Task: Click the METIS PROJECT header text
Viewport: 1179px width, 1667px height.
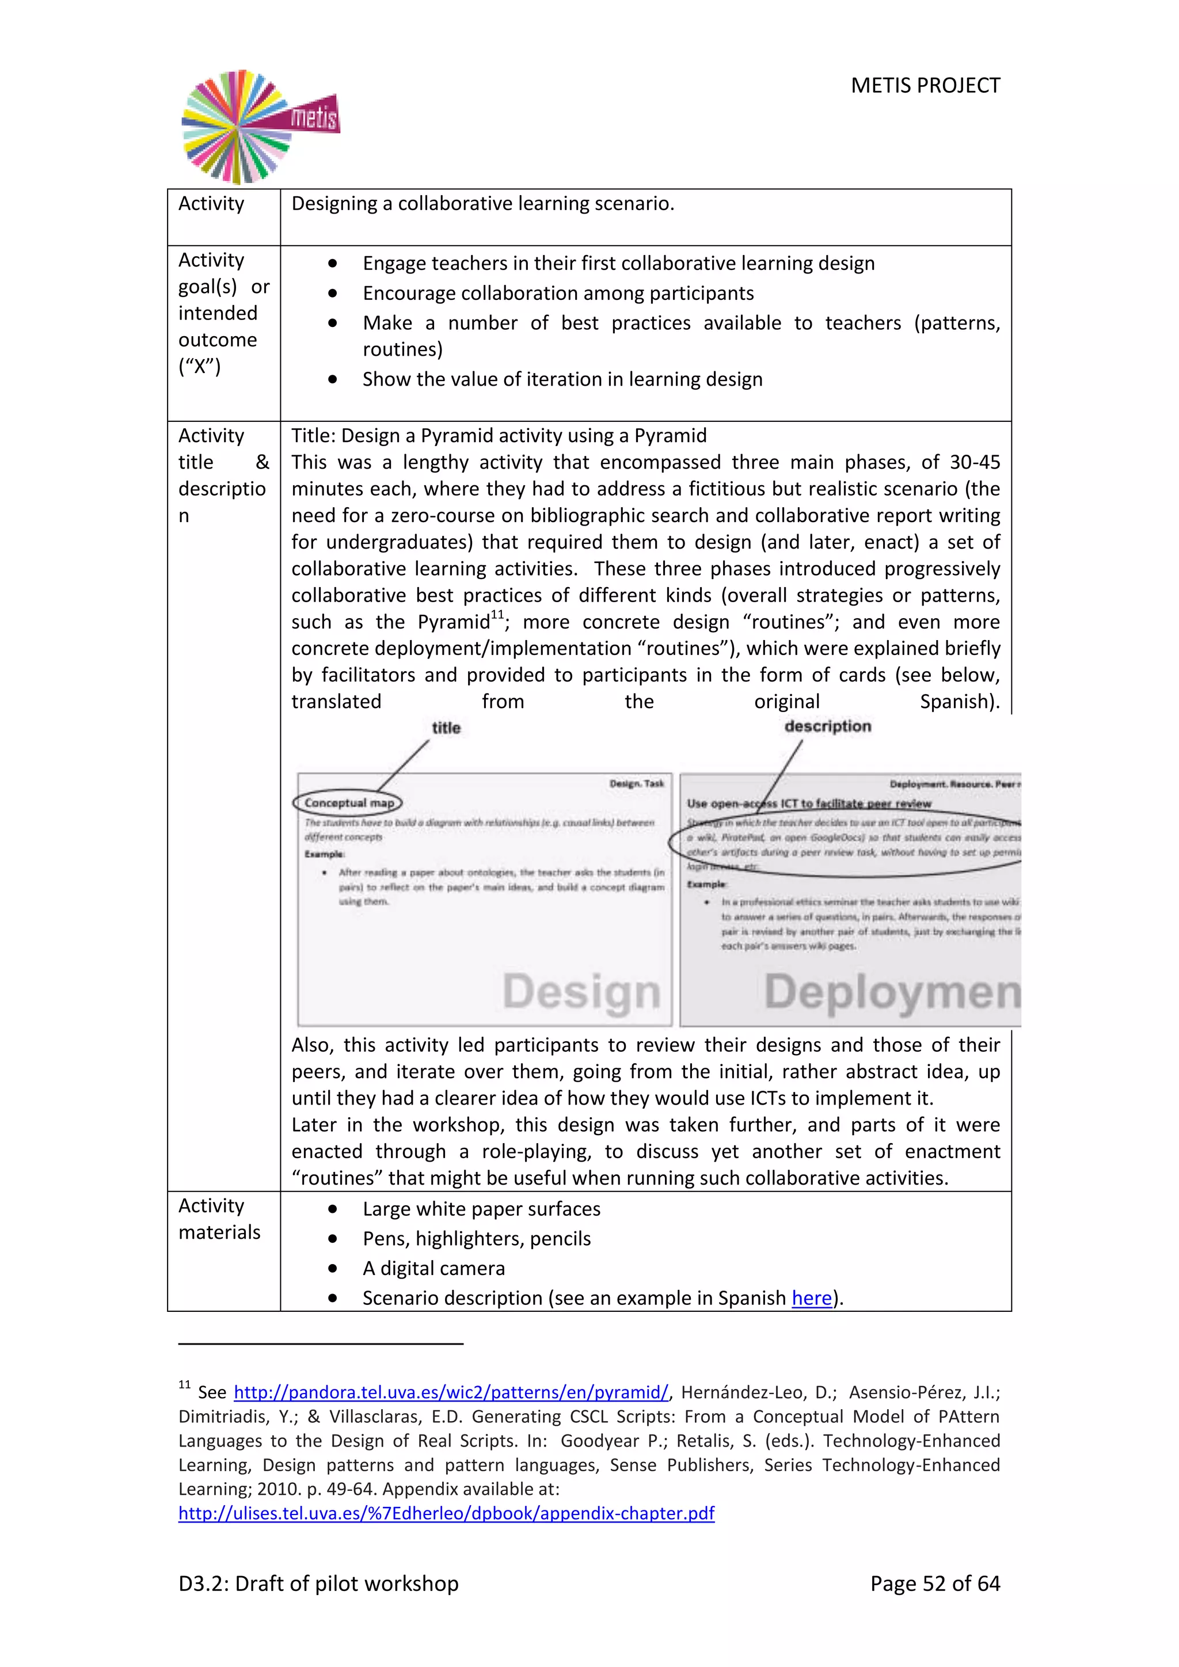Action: [x=925, y=86]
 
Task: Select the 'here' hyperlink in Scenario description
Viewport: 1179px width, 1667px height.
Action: [x=811, y=1297]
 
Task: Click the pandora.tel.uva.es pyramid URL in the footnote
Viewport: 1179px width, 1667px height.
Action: [x=450, y=1392]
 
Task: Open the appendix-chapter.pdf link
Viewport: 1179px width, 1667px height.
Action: [x=447, y=1513]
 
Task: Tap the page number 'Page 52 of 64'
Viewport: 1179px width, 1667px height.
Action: [x=934, y=1583]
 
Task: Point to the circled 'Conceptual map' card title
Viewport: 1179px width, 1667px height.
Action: [x=348, y=802]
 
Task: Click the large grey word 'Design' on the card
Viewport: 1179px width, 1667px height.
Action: [x=581, y=992]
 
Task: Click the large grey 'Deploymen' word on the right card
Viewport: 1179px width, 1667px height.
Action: [x=892, y=992]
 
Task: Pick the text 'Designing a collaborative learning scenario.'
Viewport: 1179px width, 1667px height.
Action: [x=483, y=203]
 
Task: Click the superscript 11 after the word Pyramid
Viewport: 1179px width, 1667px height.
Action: [x=497, y=615]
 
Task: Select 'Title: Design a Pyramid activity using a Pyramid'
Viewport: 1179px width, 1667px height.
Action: [x=499, y=435]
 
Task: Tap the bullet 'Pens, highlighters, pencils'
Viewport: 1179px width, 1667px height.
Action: [x=476, y=1238]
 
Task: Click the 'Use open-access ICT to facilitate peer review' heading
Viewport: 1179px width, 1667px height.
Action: [x=808, y=803]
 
